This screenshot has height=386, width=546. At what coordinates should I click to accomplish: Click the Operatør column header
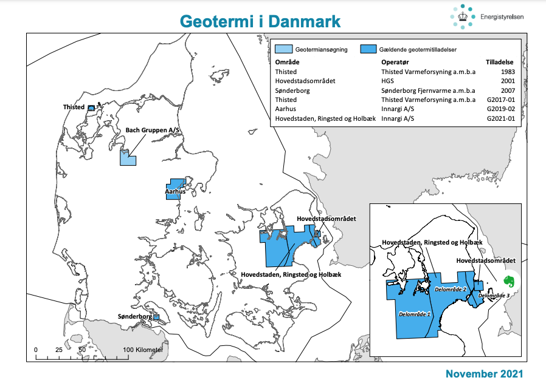395,63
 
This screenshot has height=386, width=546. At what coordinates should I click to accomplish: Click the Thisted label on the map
74,107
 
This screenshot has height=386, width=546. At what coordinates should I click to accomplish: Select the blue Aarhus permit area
175,186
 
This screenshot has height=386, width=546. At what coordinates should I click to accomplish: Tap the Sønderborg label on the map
134,317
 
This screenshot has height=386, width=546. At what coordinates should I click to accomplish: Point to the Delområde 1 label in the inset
415,314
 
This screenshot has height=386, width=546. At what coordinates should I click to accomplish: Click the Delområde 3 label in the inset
494,296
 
